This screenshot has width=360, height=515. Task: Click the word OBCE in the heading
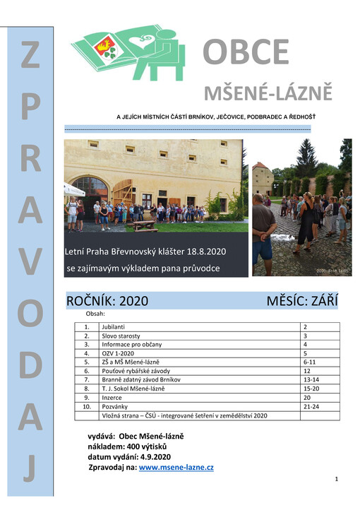[x=246, y=52]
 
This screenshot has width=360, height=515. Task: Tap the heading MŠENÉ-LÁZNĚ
[x=268, y=93]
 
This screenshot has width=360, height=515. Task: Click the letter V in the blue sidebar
[x=30, y=263]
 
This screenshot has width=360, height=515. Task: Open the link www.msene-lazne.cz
[x=176, y=468]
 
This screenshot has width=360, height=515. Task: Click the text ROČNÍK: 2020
[x=107, y=300]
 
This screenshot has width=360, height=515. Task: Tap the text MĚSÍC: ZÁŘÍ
[x=302, y=300]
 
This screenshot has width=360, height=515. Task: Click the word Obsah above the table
[x=95, y=313]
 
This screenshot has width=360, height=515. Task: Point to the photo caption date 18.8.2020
[x=204, y=251]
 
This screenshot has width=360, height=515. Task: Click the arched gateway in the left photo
[x=89, y=189]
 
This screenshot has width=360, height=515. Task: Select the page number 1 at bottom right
[x=337, y=480]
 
